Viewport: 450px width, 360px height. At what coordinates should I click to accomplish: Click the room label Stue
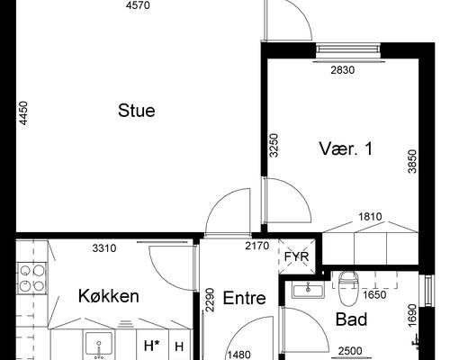tap(137, 112)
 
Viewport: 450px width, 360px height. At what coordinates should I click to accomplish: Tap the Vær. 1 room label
tap(345, 148)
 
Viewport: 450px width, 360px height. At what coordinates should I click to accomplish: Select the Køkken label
tap(108, 295)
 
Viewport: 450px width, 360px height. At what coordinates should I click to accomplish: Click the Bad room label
tap(351, 319)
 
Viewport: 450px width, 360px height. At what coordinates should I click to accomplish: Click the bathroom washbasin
tap(307, 290)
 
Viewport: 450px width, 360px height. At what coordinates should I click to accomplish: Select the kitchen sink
tap(98, 343)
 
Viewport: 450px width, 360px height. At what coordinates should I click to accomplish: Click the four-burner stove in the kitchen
tap(31, 277)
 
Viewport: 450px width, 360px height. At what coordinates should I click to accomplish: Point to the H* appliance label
tap(151, 346)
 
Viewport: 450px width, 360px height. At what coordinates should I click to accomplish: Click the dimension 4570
tap(138, 6)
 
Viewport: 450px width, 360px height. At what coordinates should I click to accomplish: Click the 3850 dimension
tap(411, 161)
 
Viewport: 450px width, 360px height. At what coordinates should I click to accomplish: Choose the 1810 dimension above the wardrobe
tap(370, 217)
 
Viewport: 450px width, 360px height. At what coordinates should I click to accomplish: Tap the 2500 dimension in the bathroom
tap(348, 351)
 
